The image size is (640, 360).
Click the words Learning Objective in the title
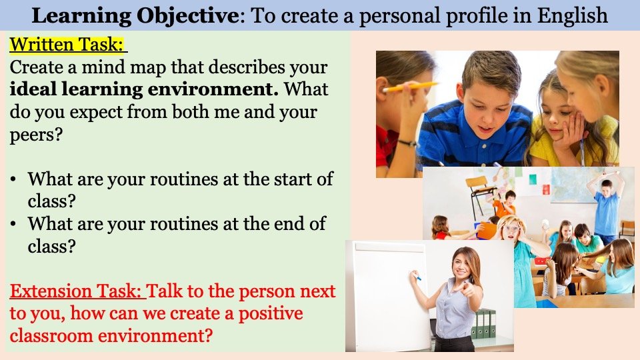click(135, 15)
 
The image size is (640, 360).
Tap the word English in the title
click(573, 15)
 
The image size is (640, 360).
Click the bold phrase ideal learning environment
click(144, 89)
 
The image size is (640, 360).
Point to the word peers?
click(36, 135)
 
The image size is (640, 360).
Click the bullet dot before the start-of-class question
click(14, 179)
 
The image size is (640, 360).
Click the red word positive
click(271, 313)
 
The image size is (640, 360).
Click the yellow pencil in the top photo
click(410, 86)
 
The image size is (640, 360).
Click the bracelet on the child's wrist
click(407, 143)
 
